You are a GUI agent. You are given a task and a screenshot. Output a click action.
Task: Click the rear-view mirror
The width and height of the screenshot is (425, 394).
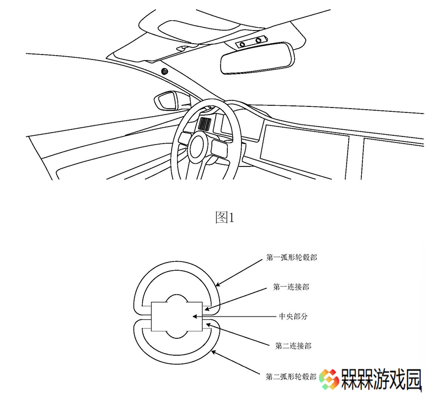(258, 58)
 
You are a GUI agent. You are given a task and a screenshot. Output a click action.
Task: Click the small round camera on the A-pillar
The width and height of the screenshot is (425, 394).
(165, 71)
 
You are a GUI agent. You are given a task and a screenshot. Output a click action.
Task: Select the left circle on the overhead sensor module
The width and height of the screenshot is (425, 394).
(242, 45)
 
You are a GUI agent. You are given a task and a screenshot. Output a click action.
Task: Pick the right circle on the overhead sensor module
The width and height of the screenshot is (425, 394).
(259, 40)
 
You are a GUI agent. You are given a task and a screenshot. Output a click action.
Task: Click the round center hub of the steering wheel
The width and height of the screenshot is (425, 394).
(201, 147)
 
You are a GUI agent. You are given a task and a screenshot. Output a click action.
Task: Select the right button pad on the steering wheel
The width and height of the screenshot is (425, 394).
(220, 148)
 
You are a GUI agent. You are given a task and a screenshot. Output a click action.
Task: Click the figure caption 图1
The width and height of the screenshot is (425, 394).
(224, 218)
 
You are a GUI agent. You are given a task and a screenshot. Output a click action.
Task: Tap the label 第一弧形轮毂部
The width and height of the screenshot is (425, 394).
(292, 258)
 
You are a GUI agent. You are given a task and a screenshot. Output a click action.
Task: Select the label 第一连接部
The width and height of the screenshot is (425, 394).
(291, 287)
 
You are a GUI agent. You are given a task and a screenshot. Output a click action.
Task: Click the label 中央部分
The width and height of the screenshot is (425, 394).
(293, 317)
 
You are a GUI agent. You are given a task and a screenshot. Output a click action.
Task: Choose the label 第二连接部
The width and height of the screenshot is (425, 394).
(293, 346)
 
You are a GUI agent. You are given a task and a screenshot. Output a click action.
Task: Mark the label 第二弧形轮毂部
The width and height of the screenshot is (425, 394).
(291, 377)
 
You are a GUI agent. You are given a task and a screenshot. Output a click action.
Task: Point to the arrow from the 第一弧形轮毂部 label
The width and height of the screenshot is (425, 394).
(239, 272)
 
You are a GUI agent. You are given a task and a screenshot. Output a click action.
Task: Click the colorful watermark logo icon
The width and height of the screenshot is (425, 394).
(329, 379)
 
